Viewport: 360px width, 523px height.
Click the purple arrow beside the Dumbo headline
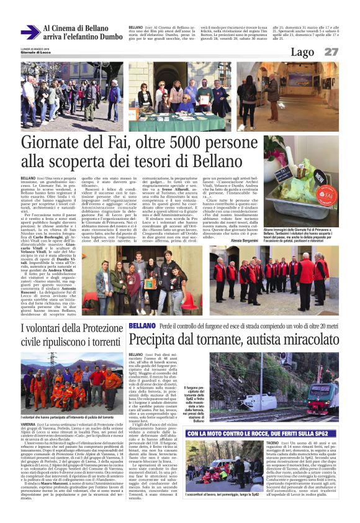29,32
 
